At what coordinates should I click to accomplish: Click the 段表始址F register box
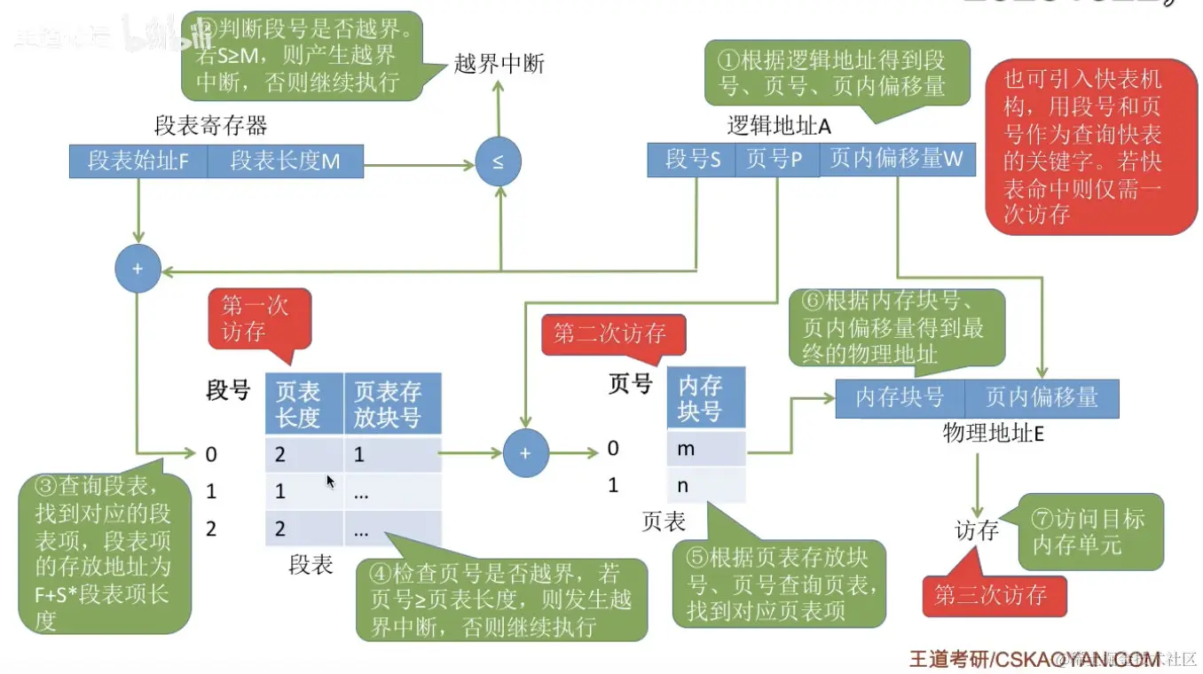coord(138,162)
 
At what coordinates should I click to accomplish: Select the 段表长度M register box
coord(286,162)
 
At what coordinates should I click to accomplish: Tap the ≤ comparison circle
coord(498,162)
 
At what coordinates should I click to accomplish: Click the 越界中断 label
coord(499,64)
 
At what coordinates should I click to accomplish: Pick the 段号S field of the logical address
coord(692,160)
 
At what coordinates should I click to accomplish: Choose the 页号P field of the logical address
coord(774,160)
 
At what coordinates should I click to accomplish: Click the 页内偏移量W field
coord(896,160)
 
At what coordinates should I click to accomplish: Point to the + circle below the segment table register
coord(138,268)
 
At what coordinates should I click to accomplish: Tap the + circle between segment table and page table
coord(525,453)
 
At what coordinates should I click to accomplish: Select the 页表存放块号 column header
coord(391,404)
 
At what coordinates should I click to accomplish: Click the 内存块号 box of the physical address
coord(899,398)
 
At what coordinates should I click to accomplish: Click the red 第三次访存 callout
coord(992,595)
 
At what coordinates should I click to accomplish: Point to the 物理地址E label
coord(993,434)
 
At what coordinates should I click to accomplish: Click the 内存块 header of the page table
coord(705,398)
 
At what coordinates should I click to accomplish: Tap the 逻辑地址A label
coord(778,126)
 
